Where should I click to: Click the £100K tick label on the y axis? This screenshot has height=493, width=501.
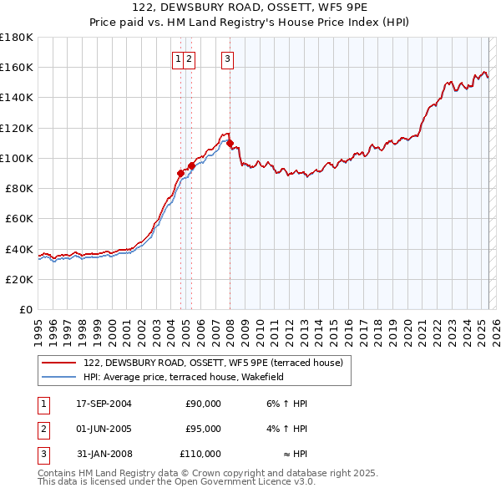[x=17, y=158]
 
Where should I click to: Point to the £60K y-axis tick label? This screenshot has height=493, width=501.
[x=19, y=218]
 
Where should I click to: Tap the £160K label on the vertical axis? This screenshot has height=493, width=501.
[x=17, y=67]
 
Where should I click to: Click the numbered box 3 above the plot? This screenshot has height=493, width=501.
[x=227, y=58]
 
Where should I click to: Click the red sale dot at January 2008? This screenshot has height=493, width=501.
[x=230, y=143]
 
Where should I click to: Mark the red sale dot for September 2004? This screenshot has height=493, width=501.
[x=180, y=173]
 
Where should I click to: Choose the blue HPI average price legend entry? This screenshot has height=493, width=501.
[x=184, y=377]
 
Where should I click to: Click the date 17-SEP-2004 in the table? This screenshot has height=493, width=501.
[x=104, y=404]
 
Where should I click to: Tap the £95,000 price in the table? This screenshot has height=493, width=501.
[x=203, y=429]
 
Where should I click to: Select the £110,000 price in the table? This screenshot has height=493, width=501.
[x=200, y=454]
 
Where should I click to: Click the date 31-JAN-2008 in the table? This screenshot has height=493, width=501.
[x=104, y=454]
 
